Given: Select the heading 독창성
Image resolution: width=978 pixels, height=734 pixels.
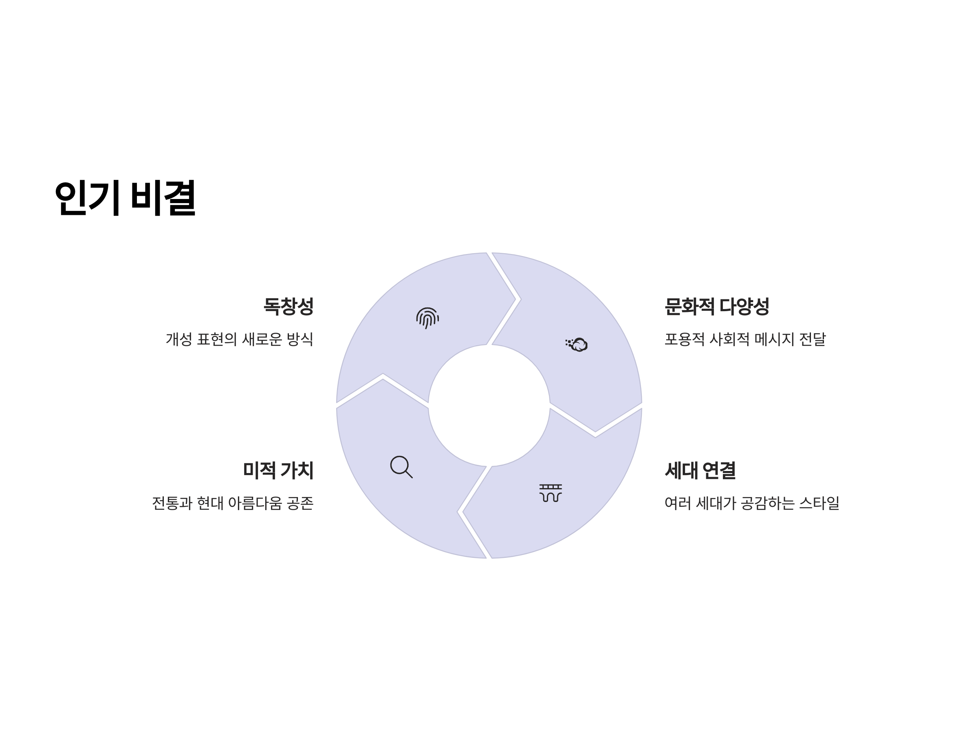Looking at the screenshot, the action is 288,306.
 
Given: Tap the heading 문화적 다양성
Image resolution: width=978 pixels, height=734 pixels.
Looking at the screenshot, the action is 717,306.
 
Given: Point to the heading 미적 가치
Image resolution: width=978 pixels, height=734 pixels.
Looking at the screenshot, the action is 278,470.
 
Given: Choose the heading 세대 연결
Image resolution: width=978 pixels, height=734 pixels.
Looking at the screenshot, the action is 700,470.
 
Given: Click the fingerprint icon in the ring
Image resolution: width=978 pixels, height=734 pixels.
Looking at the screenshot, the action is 427,318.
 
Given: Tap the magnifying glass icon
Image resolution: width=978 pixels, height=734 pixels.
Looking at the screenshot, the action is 401,467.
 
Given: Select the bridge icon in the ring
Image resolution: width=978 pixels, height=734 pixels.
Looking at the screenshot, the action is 551,493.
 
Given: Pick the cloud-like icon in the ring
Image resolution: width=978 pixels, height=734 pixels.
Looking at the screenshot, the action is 577,344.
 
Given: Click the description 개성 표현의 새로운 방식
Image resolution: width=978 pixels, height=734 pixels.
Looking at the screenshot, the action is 239,339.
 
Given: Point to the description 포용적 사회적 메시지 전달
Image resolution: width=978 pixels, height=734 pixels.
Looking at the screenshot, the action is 745,339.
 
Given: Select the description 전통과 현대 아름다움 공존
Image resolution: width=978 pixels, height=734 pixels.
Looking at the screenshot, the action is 233,503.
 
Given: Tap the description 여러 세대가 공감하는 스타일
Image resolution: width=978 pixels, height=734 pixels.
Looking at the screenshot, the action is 751,503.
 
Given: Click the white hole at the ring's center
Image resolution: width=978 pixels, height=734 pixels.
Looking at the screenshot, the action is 489,405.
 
